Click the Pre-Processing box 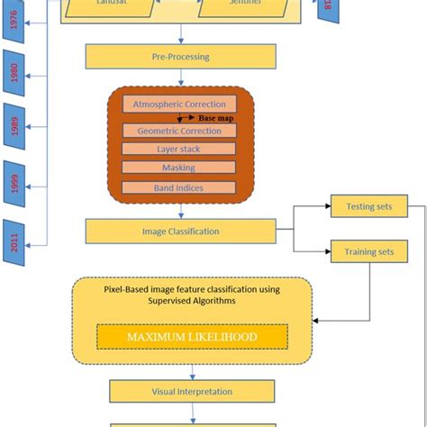click(x=181, y=57)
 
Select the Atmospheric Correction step click(x=179, y=104)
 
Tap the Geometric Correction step click(x=179, y=132)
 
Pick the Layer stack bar click(x=179, y=150)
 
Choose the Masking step click(x=179, y=168)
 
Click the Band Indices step click(x=179, y=188)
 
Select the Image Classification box click(x=181, y=232)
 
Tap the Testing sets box click(x=369, y=206)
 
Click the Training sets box click(x=369, y=252)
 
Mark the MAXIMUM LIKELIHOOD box click(x=192, y=337)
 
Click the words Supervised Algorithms click(x=191, y=302)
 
